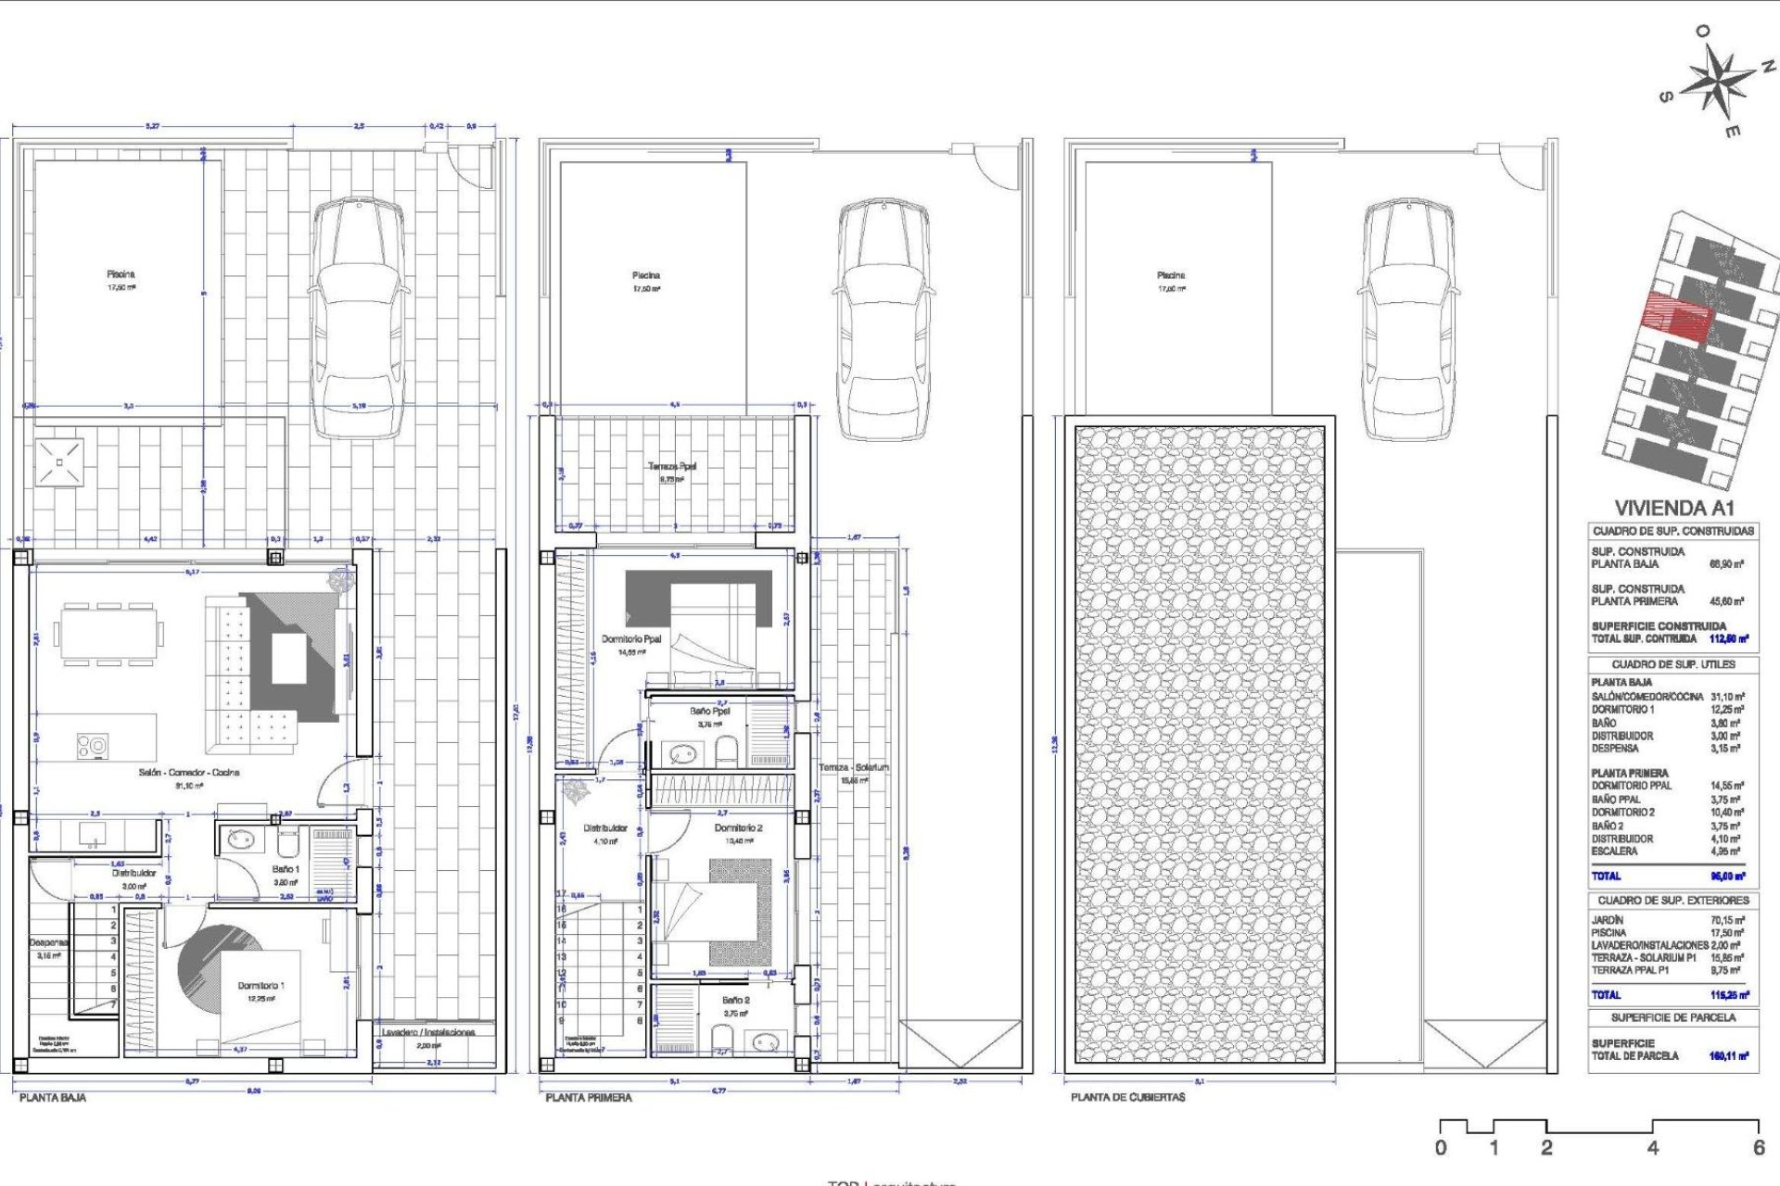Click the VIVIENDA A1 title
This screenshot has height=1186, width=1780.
(1673, 508)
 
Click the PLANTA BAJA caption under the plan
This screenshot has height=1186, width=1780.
(53, 1097)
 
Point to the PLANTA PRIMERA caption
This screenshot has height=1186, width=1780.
(589, 1097)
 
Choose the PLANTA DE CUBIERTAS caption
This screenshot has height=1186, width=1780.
(1127, 1097)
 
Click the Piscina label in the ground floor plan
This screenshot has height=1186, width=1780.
(121, 274)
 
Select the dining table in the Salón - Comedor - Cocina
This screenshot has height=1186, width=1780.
(108, 635)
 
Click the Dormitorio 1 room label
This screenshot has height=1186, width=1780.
(261, 986)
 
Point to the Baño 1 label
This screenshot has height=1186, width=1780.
(286, 869)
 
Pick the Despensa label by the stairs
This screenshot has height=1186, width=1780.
(47, 942)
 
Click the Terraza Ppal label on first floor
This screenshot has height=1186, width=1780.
(672, 466)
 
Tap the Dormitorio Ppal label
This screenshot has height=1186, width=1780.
(631, 639)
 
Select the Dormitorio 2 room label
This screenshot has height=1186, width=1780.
(738, 827)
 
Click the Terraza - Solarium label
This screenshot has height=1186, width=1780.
(853, 767)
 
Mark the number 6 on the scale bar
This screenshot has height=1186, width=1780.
(1758, 1148)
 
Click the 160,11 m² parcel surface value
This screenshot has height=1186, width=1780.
(1728, 1055)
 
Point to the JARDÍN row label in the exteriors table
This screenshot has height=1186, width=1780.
(1608, 920)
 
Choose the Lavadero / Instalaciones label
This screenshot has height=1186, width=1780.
(428, 1032)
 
